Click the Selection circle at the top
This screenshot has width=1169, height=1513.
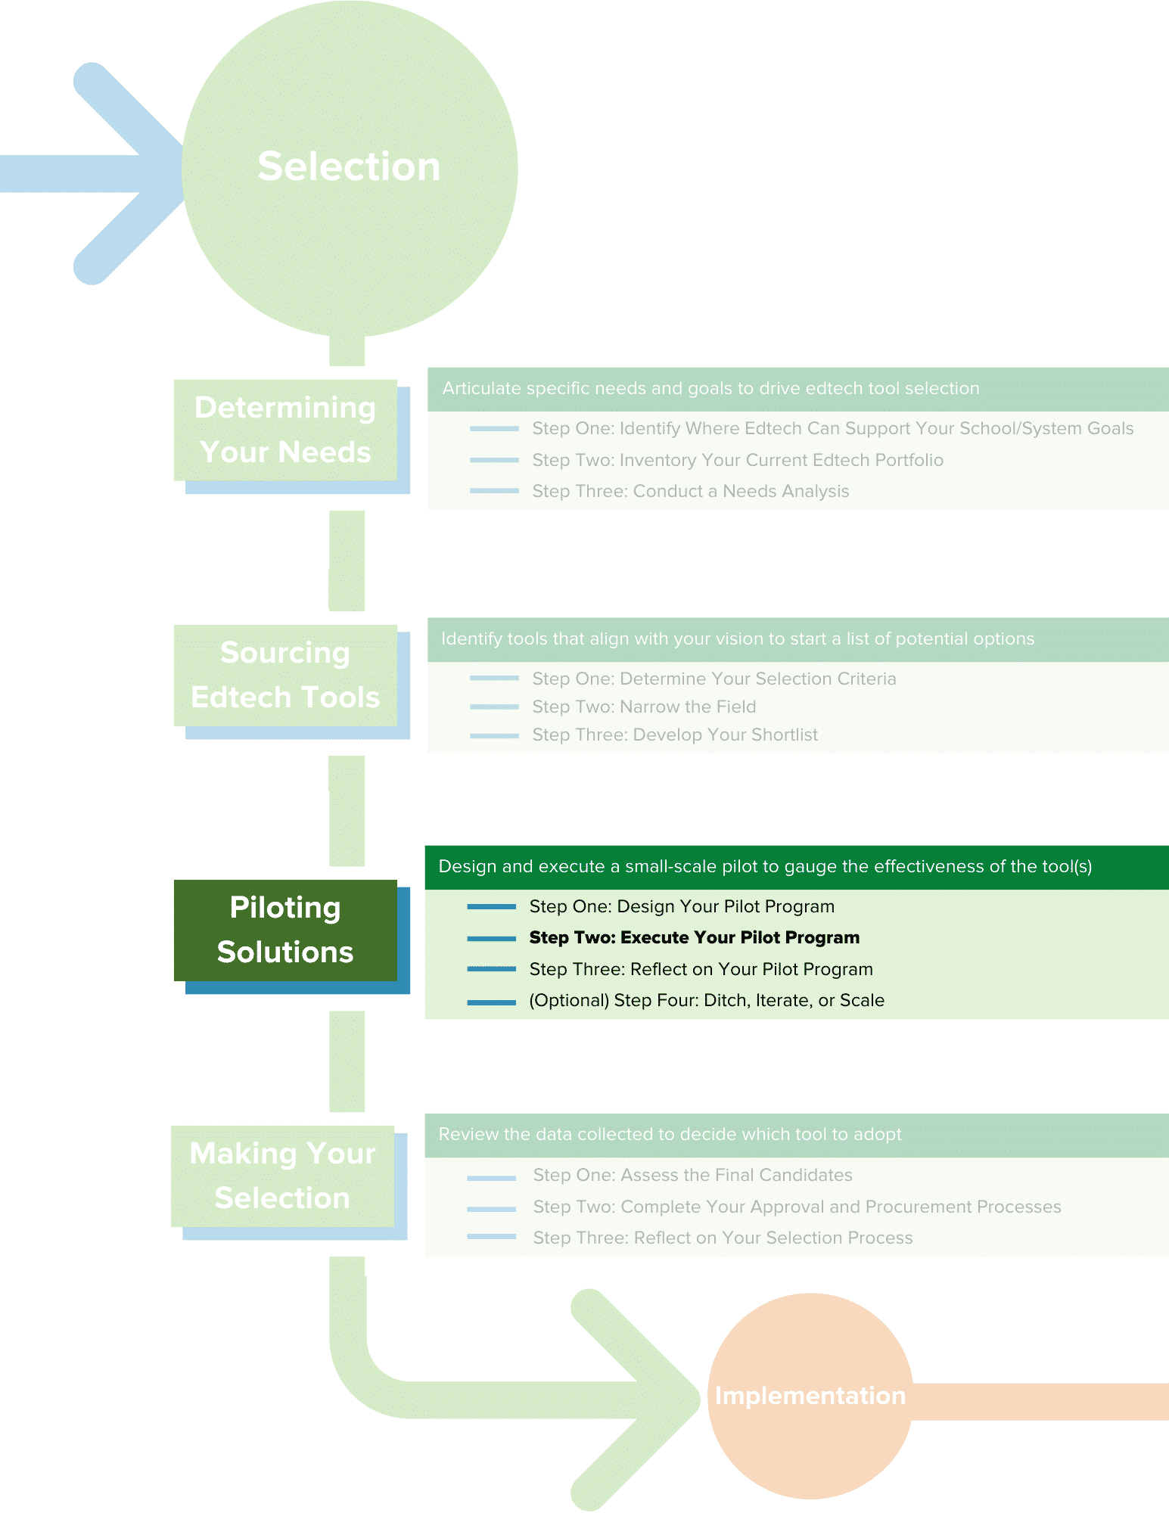click(349, 167)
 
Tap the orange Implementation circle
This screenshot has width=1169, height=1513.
click(810, 1395)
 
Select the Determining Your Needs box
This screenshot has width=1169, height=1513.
click(285, 430)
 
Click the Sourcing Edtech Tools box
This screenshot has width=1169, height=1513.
click(285, 675)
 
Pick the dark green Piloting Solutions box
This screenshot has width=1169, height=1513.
click(285, 930)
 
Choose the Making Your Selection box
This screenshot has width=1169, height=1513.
click(282, 1176)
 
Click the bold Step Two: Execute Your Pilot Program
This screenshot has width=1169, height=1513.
click(694, 937)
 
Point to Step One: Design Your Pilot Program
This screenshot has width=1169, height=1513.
click(681, 906)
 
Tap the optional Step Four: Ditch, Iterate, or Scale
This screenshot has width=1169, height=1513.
click(706, 1000)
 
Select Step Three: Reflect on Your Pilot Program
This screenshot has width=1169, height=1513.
click(701, 969)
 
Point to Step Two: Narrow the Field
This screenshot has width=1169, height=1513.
click(644, 707)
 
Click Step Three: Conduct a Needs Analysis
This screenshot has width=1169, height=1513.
click(690, 491)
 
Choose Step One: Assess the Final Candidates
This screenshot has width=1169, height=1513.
click(692, 1175)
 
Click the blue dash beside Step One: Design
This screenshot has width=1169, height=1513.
click(492, 906)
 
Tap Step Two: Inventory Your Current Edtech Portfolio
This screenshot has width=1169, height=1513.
click(737, 460)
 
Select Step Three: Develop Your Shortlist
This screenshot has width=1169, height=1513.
click(675, 735)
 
